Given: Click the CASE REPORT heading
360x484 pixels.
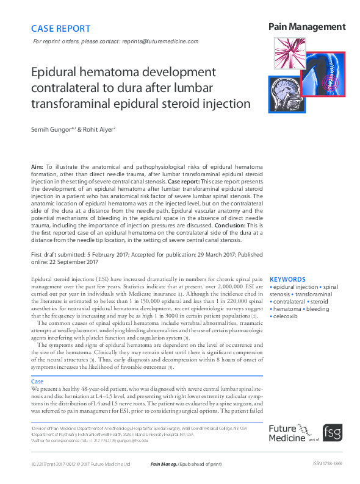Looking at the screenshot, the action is coord(60,28).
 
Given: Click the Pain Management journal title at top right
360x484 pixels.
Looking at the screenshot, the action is coord(307,27).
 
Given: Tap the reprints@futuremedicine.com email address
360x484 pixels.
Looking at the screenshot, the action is coord(161,41).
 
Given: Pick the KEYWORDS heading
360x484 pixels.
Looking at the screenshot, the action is coord(288,279).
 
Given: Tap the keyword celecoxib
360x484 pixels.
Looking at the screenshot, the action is coord(286,316).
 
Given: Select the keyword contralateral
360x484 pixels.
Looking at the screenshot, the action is coord(288,301).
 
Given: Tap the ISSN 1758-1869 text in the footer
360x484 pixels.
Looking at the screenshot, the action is coord(326,464).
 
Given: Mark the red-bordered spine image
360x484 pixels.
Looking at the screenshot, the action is coord(323,74).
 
